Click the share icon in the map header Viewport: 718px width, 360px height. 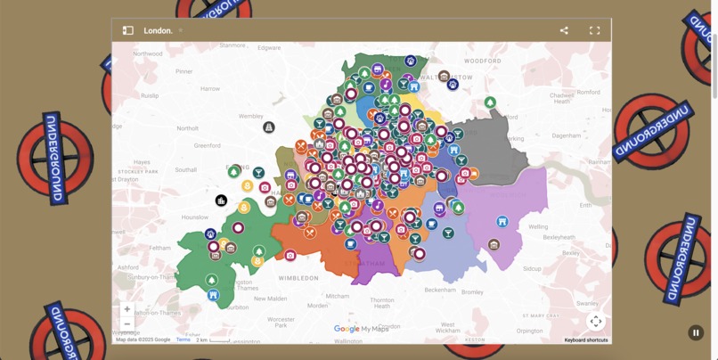[564, 30]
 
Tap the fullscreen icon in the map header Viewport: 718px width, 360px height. [594, 30]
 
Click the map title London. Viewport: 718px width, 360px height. [158, 30]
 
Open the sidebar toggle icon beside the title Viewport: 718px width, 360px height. [127, 30]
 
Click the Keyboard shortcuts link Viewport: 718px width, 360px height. [585, 340]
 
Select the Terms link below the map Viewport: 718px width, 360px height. [183, 340]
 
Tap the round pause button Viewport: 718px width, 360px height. [696, 332]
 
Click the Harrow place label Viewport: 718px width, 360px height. [210, 89]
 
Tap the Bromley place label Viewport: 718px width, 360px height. [472, 292]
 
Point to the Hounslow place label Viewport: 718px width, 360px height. [194, 217]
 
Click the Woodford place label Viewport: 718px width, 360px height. [482, 61]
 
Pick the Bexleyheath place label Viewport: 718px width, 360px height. [558, 238]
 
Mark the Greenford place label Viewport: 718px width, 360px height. [208, 145]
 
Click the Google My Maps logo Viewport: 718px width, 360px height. [361, 329]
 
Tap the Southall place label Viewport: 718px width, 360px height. [186, 169]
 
